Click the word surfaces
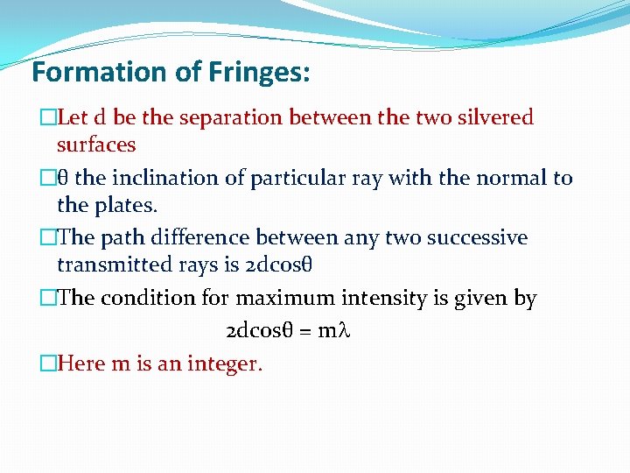(x=96, y=144)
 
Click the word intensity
(x=386, y=298)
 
